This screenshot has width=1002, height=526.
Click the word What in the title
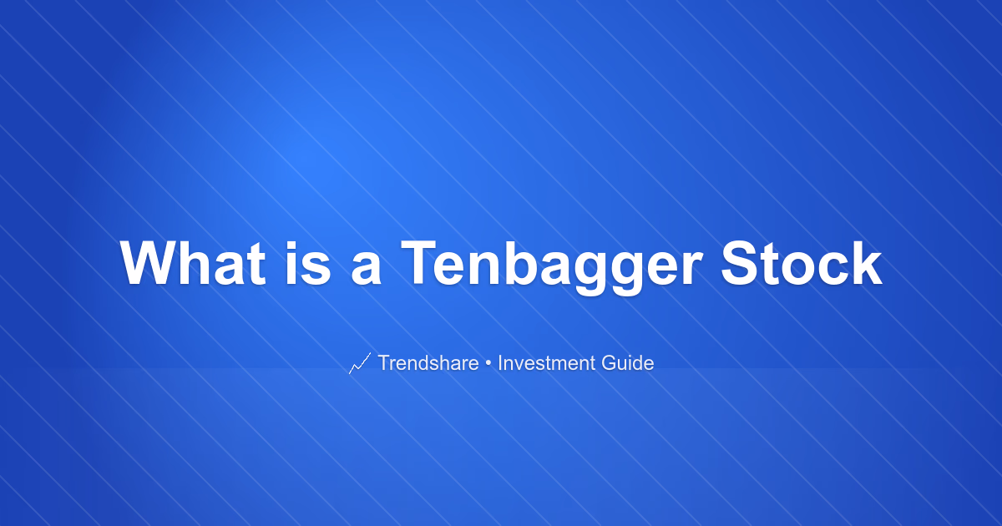[193, 262]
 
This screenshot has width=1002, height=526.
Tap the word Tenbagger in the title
[552, 267]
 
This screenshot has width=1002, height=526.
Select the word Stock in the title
[802, 262]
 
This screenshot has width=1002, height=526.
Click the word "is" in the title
[308, 262]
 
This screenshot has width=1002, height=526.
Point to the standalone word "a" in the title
[367, 267]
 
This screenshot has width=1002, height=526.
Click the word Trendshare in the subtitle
[428, 362]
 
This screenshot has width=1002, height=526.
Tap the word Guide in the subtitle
[628, 362]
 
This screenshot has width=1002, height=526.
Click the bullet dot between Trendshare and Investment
[488, 363]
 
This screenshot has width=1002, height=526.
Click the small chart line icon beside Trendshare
[360, 363]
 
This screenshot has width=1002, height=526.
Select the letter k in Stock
[867, 262]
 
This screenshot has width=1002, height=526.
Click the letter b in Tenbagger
[522, 262]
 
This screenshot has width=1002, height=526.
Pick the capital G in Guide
[610, 362]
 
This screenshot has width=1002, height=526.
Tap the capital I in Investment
[500, 362]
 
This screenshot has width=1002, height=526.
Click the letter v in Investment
[521, 366]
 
